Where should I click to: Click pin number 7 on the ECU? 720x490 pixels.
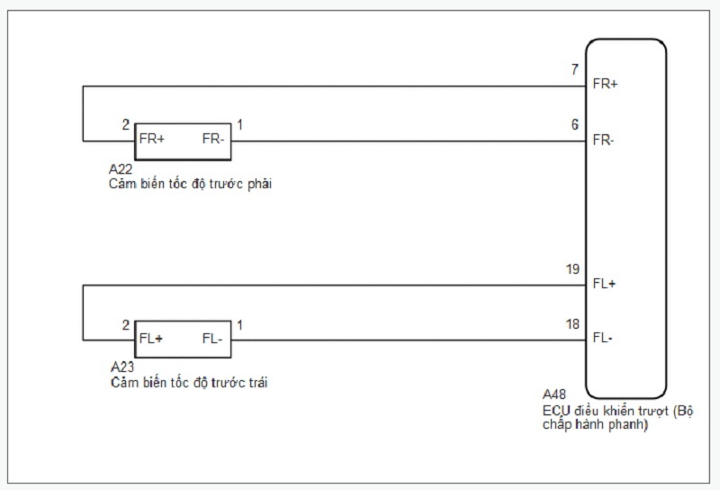click(574, 69)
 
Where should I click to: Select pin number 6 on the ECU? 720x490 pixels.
click(574, 125)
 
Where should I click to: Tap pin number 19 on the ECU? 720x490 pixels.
click(573, 268)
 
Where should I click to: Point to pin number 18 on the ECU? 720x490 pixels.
click(573, 322)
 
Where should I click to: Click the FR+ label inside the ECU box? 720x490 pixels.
click(605, 85)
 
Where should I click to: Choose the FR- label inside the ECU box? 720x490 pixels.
click(603, 141)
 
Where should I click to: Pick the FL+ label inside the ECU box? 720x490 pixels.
click(604, 284)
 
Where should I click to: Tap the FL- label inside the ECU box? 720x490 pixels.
click(602, 339)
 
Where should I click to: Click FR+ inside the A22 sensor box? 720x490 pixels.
click(152, 141)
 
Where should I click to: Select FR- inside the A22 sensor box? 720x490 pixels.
click(213, 141)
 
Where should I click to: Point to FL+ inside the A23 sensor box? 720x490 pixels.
click(152, 340)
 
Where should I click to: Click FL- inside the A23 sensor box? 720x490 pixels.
click(213, 340)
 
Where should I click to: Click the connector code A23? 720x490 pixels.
click(122, 367)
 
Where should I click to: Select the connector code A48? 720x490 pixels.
click(554, 395)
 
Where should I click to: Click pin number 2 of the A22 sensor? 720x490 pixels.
click(126, 125)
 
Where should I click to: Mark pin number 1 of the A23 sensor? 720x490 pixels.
click(238, 324)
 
